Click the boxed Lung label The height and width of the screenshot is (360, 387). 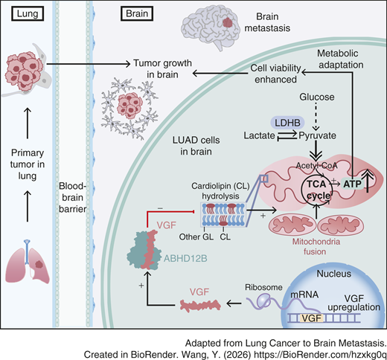[x=28, y=13]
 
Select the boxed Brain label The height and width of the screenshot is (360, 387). [x=137, y=13]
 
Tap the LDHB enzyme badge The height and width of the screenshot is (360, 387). [x=287, y=123]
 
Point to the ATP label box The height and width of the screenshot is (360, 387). [x=352, y=184]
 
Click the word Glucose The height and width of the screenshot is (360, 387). [x=317, y=97]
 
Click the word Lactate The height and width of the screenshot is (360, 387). [x=259, y=135]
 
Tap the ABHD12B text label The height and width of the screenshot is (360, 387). [x=185, y=259]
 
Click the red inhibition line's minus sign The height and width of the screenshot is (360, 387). [x=160, y=208]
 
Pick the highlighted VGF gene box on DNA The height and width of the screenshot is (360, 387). [x=312, y=318]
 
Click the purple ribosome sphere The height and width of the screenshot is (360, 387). [x=263, y=300]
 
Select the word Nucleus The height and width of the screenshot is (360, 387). [x=334, y=274]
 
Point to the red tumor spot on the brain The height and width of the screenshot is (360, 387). [x=228, y=23]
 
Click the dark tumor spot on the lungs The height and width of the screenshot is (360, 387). [x=39, y=265]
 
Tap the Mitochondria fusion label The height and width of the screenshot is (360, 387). [x=316, y=246]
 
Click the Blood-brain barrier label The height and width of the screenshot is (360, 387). [x=72, y=198]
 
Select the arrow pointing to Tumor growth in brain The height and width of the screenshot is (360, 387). [x=89, y=64]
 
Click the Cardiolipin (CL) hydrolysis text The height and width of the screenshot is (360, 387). [x=220, y=191]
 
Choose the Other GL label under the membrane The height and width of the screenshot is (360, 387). [x=196, y=237]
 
